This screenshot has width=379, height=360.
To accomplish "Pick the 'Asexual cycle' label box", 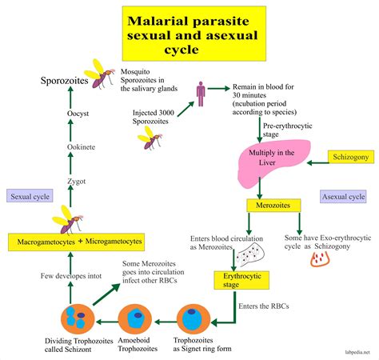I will click(x=344, y=196).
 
